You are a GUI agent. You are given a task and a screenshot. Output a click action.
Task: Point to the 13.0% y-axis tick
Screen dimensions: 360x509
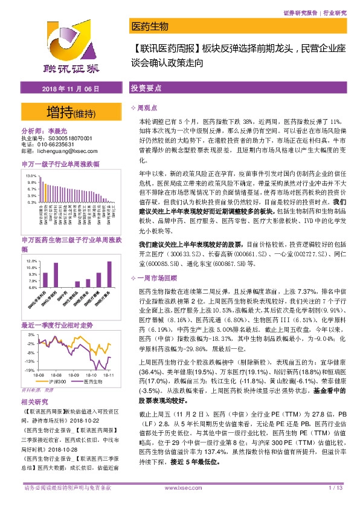tap(31, 174)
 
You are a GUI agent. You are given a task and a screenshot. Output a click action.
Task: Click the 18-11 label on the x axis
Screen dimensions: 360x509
tap(109, 375)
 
